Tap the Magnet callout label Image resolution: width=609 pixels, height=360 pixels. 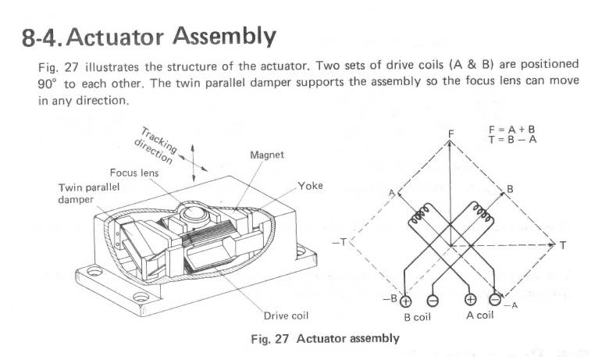click(x=266, y=155)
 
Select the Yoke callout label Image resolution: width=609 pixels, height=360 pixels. click(x=310, y=186)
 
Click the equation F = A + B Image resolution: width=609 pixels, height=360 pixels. click(x=514, y=129)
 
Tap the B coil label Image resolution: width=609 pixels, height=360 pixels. click(x=418, y=318)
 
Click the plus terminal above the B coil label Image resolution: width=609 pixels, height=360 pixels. click(x=406, y=300)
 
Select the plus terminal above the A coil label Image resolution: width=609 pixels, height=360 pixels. click(x=470, y=300)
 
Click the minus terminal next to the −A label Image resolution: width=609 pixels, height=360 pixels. click(x=495, y=300)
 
